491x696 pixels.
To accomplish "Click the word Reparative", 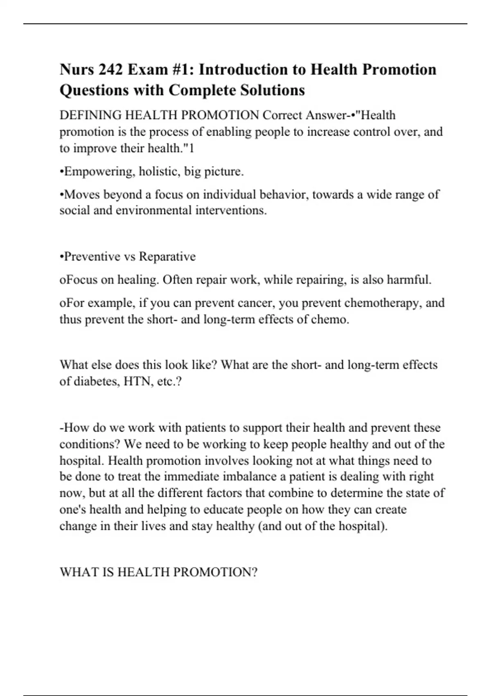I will pyautogui.click(x=167, y=257).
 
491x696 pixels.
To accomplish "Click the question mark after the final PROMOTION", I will pyautogui.click(x=254, y=572).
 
